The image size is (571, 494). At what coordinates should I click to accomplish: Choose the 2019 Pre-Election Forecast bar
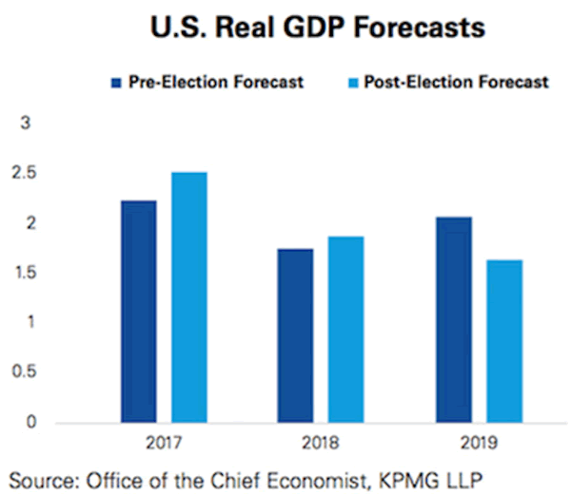point(453,319)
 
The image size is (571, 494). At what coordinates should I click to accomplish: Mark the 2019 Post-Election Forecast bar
point(503,340)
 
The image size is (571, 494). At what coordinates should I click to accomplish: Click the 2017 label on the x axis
point(164,442)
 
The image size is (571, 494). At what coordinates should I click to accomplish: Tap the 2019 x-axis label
point(478,442)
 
